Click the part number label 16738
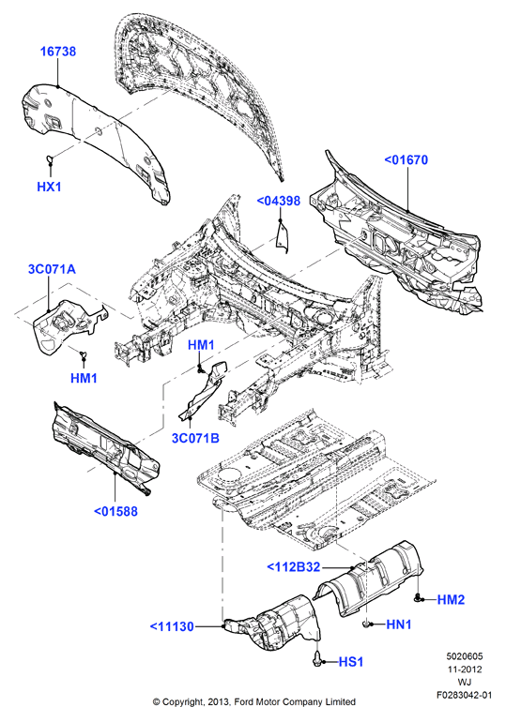click(58, 52)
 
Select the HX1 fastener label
click(49, 187)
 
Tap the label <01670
click(406, 159)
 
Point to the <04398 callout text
click(278, 201)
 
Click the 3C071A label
click(52, 269)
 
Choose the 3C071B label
click(195, 438)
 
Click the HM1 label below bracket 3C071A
click(84, 378)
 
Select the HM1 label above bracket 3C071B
click(202, 345)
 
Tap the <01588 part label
click(115, 511)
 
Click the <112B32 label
click(294, 567)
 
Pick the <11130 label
click(172, 626)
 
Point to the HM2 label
click(451, 599)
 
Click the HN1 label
click(399, 624)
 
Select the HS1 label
click(351, 662)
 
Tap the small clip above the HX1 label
click(50, 160)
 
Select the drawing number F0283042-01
click(464, 695)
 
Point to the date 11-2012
click(464, 669)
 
